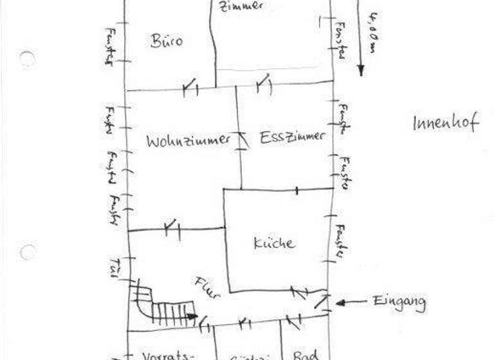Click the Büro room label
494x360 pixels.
(167, 41)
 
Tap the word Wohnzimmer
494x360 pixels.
(188, 141)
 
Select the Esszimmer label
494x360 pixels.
(293, 137)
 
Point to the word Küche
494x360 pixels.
(274, 243)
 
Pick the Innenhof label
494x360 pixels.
(445, 122)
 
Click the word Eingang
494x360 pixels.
(399, 301)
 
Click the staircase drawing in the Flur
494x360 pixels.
(164, 306)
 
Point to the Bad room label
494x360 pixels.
(302, 354)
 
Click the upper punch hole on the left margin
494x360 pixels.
(27, 59)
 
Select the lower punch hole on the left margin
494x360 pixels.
(28, 251)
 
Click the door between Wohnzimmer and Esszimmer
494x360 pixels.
(242, 139)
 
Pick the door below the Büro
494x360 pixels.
(189, 87)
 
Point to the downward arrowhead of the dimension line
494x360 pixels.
(360, 69)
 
